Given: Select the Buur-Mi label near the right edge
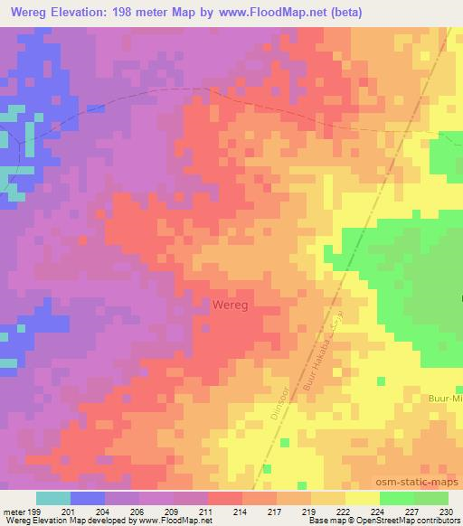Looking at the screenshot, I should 444,397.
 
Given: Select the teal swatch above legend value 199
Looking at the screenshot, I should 53,498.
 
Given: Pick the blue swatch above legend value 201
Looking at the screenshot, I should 88,498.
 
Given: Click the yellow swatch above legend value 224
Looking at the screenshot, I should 363,498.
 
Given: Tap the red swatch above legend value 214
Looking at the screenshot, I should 225,498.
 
